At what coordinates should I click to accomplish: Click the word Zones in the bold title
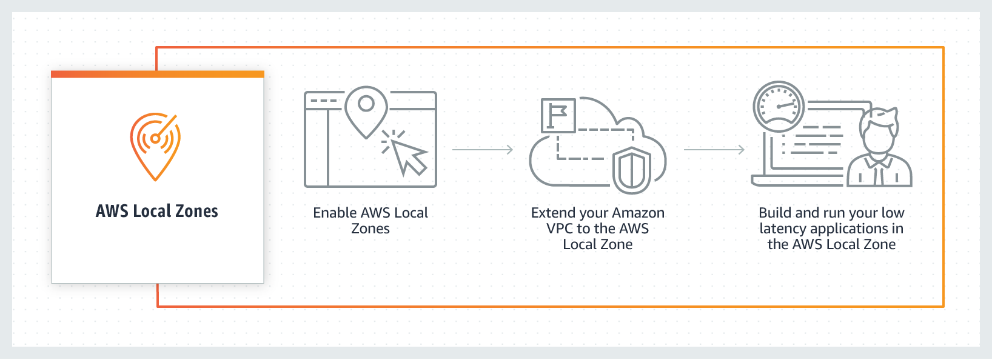196,211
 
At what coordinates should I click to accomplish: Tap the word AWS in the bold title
112,211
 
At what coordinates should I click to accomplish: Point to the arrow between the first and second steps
483,149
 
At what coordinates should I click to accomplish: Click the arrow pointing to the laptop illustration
714,149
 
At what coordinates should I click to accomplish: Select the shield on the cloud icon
631,170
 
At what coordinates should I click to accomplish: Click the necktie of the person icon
879,174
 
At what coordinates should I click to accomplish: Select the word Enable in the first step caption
334,213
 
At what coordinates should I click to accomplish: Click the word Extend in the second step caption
553,213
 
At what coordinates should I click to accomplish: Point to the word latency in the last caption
783,229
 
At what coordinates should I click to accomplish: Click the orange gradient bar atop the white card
158,74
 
